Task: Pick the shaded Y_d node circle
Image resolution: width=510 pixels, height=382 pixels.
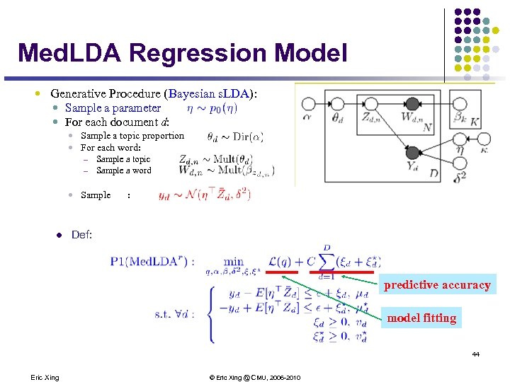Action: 412,151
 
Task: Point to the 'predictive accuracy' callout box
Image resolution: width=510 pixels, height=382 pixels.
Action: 437,285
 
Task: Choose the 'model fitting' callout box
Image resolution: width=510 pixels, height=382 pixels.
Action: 421,318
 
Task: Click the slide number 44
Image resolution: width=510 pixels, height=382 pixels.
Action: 476,354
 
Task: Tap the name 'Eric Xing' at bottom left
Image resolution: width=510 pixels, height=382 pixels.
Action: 45,377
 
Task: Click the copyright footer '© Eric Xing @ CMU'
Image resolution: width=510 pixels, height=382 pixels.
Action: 254,377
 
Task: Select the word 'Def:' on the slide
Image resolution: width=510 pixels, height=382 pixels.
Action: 81,234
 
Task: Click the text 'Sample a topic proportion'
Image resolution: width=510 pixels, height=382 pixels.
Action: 132,136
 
